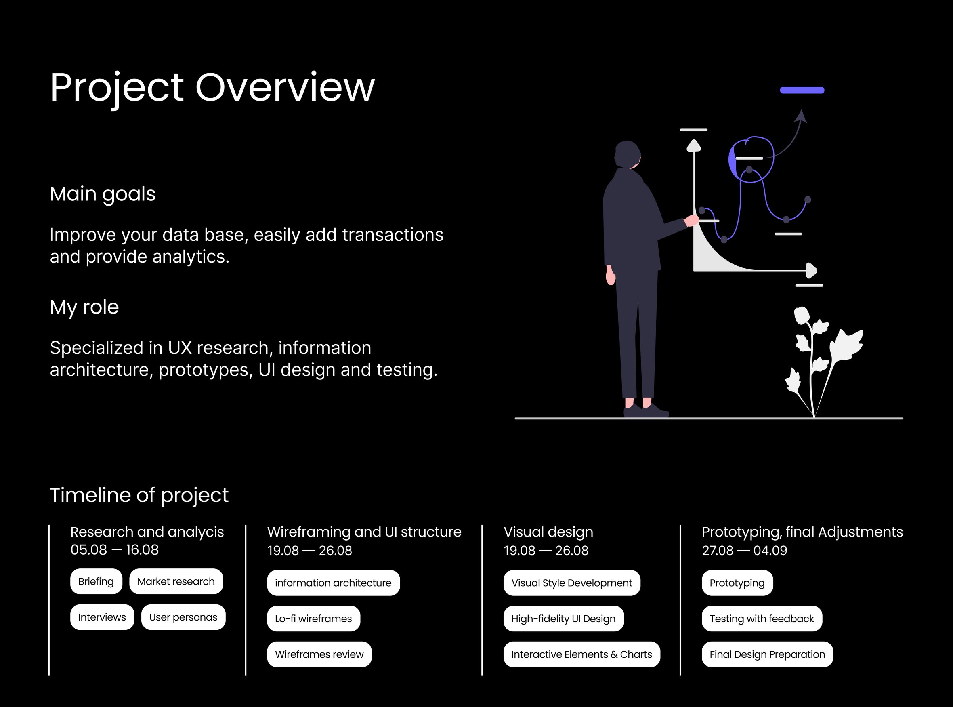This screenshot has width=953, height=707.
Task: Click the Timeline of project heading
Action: click(139, 496)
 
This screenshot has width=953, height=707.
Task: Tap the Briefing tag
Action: click(96, 581)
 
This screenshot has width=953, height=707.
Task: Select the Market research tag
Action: click(176, 581)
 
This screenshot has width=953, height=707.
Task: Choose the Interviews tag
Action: click(102, 617)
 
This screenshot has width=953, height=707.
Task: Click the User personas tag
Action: click(183, 617)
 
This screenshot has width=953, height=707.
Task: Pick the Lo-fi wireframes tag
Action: click(313, 619)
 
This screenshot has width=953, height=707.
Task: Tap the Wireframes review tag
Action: click(319, 654)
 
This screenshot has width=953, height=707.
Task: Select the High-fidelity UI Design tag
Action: click(564, 619)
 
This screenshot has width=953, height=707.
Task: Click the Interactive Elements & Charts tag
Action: click(582, 654)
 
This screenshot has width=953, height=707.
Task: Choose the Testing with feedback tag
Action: click(762, 619)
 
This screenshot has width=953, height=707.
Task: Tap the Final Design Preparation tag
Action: click(767, 654)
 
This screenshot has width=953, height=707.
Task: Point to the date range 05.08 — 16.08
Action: click(115, 549)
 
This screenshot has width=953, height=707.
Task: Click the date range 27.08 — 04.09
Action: click(744, 550)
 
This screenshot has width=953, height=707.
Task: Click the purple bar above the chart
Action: click(802, 90)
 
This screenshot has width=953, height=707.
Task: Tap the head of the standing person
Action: click(628, 154)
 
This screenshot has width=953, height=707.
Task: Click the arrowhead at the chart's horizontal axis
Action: click(811, 270)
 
